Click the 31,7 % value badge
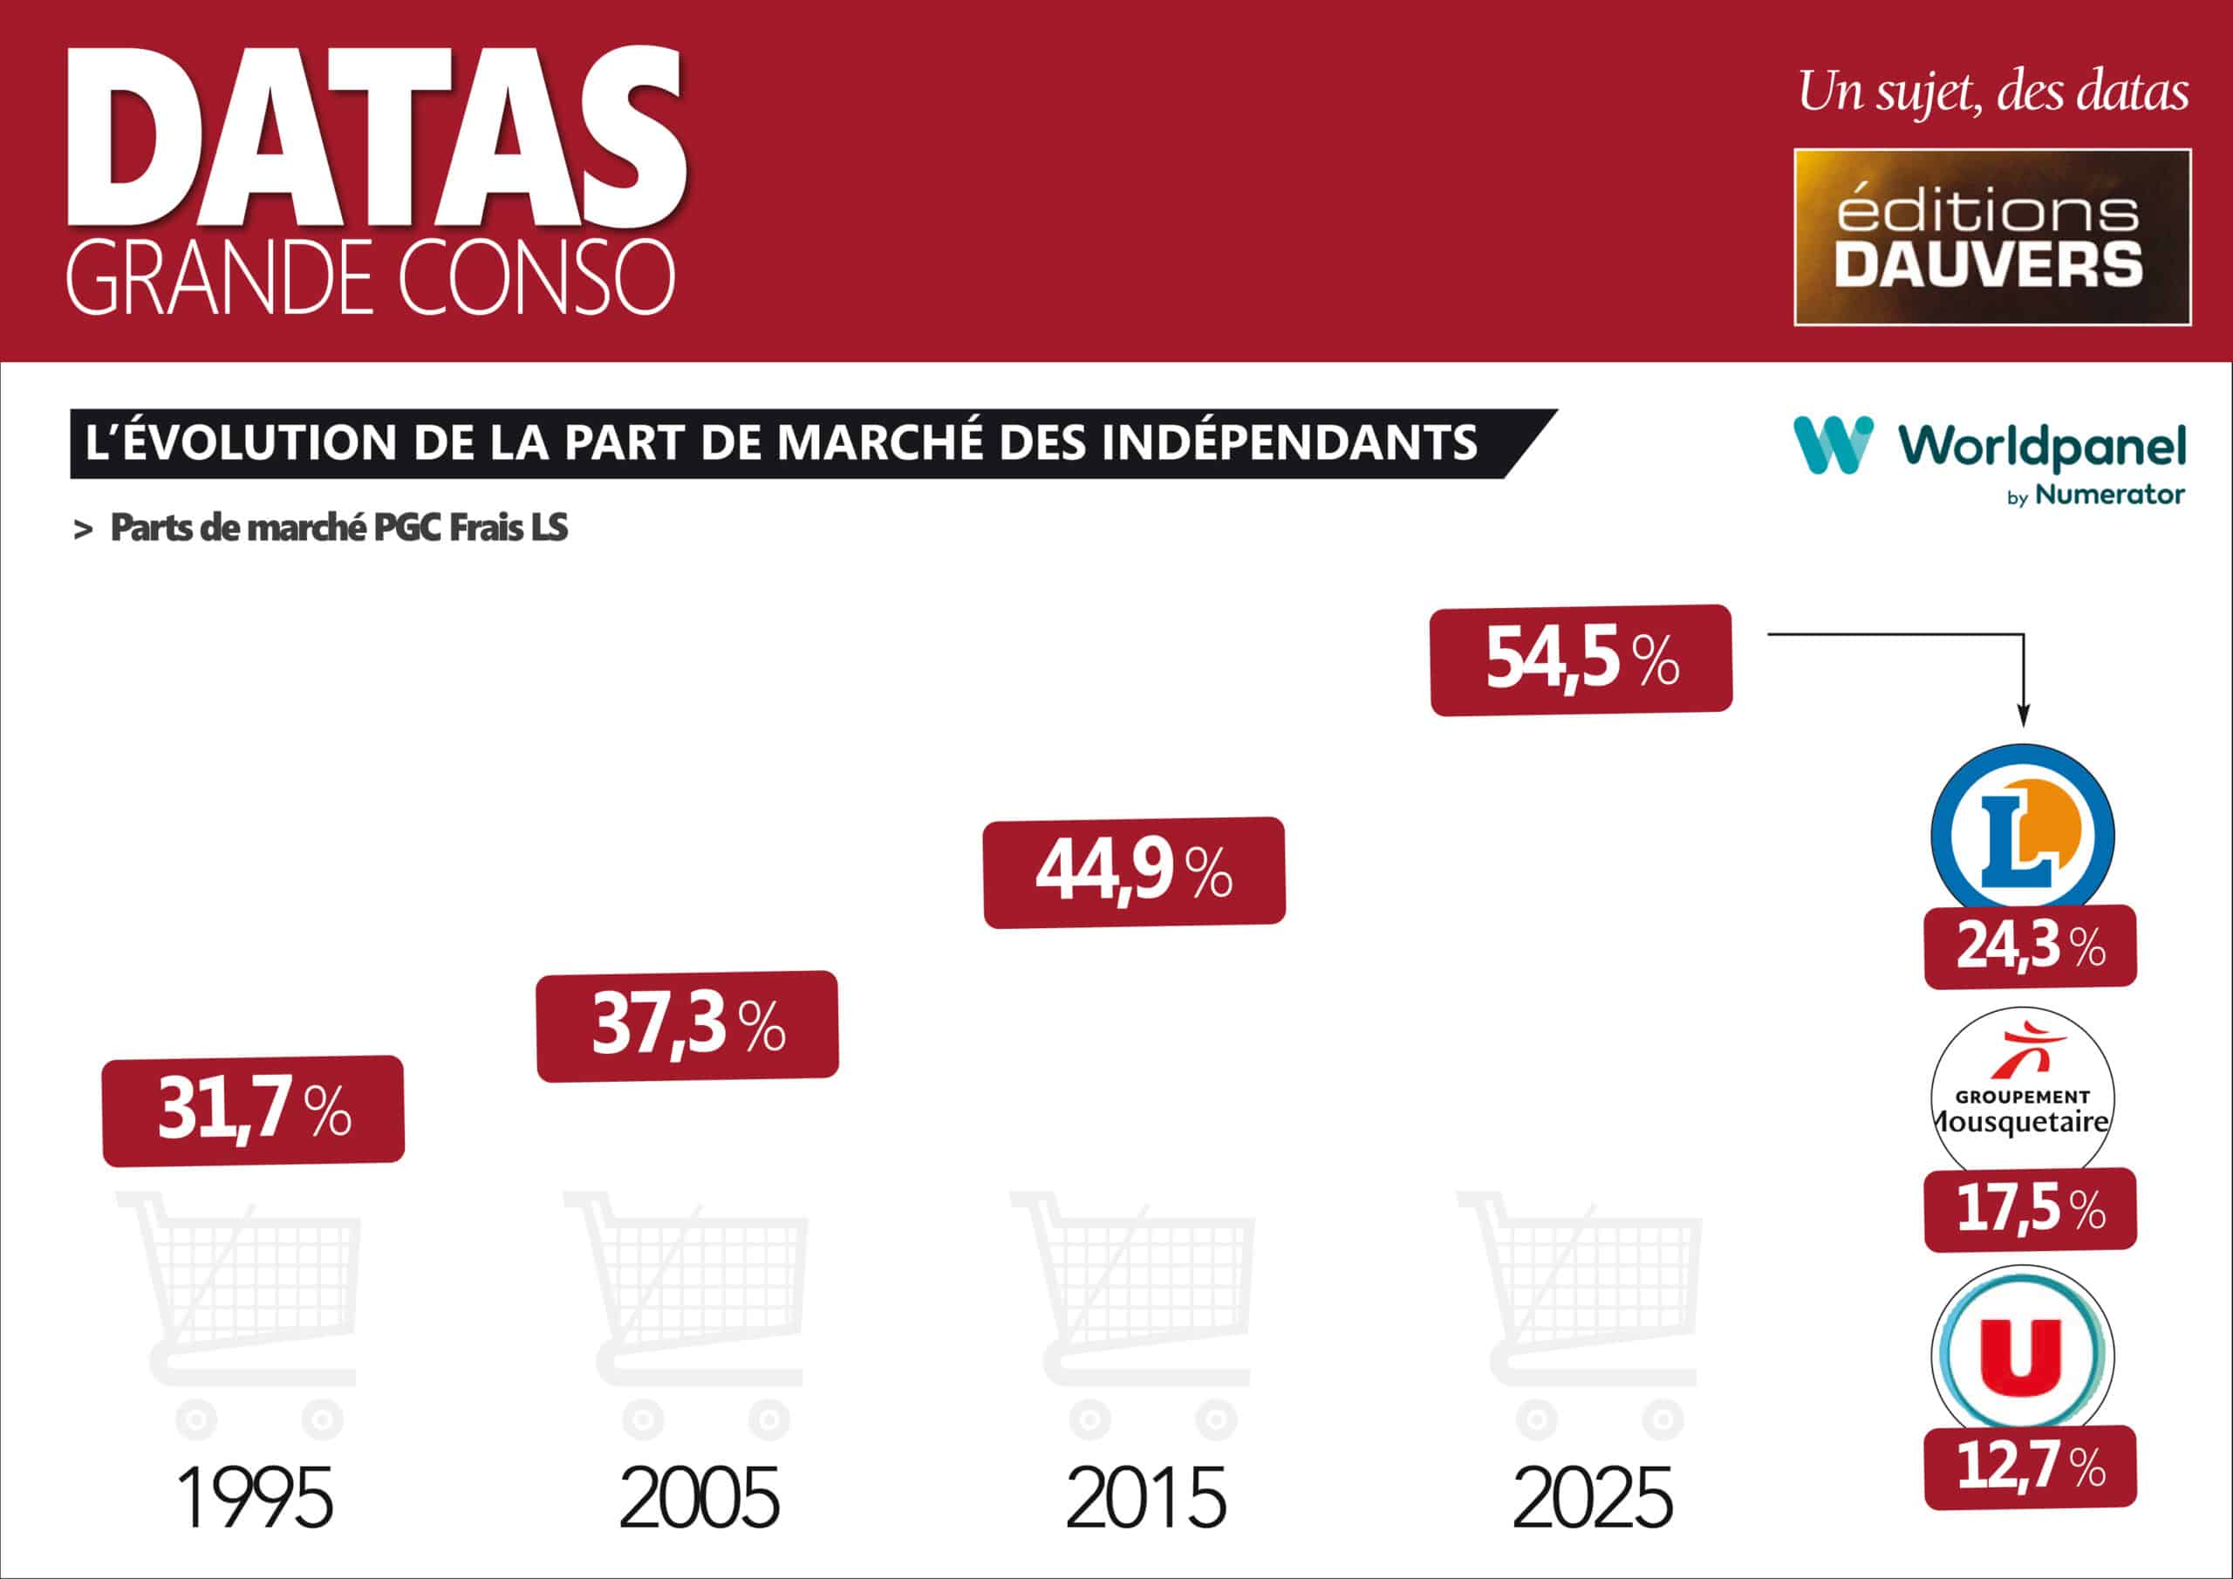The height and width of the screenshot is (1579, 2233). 253,1110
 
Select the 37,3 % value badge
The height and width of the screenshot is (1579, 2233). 687,1025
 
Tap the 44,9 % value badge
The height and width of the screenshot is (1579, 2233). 1134,872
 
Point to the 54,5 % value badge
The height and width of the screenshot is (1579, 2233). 1581,660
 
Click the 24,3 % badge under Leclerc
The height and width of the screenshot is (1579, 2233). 2030,946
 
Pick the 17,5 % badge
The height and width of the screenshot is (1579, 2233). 2030,1208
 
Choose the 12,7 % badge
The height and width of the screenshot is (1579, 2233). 2030,1466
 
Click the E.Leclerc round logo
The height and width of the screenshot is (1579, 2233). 2023,834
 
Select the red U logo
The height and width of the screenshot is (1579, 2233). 2022,1353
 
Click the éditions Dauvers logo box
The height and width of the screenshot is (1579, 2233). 1991,236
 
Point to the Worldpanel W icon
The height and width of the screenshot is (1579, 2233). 1834,446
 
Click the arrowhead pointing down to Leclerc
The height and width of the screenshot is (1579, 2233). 2024,718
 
